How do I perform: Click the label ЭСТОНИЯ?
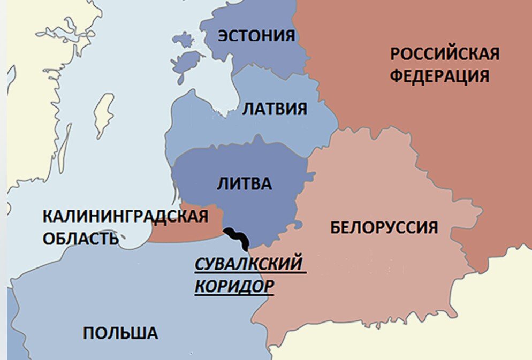255,35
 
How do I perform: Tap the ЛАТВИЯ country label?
275,109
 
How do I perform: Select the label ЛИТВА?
244,184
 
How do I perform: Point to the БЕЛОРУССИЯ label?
384,227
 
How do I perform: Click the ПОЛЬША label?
120,333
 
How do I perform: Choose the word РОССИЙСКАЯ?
444,54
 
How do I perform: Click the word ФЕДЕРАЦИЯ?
439,76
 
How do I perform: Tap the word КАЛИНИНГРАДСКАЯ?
125,217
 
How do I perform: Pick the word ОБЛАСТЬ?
80,238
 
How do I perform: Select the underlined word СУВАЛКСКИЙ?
248,264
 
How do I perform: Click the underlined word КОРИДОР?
234,286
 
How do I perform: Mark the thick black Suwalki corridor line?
237,238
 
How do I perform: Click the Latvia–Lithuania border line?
241,143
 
